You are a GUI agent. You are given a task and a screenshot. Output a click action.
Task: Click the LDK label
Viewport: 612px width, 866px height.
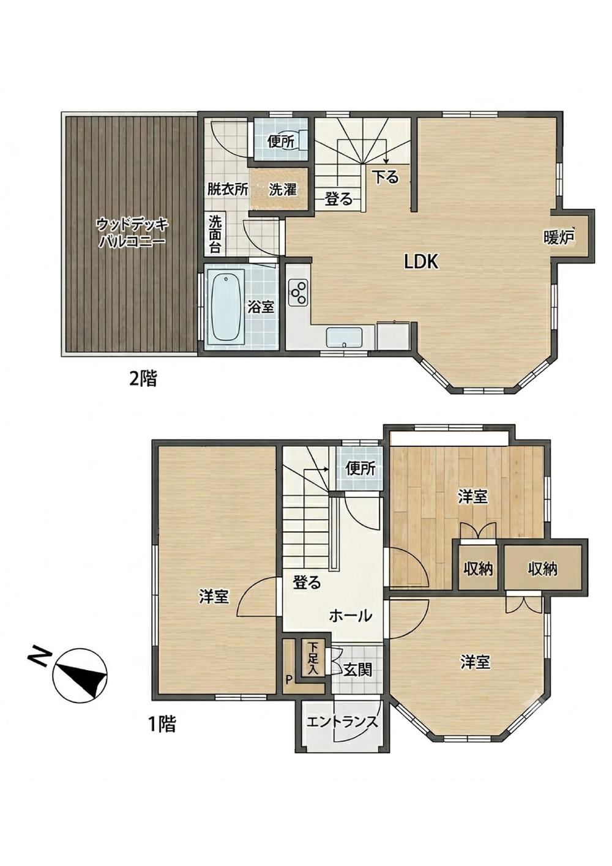(x=421, y=263)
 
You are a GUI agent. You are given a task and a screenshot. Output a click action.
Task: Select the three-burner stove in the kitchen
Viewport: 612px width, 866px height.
(x=297, y=293)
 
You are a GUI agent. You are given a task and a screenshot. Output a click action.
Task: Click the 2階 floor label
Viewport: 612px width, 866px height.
(x=143, y=378)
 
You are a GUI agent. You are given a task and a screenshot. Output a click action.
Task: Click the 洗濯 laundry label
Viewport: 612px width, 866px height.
(x=283, y=190)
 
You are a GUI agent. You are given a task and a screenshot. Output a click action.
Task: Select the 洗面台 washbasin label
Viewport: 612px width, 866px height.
(x=215, y=234)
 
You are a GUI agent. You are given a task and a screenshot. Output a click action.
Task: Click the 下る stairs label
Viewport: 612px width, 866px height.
(x=385, y=177)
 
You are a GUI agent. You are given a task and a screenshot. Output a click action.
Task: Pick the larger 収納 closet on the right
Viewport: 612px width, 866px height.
(x=543, y=569)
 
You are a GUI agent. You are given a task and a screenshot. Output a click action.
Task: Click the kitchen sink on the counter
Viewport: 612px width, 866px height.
(x=344, y=337)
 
